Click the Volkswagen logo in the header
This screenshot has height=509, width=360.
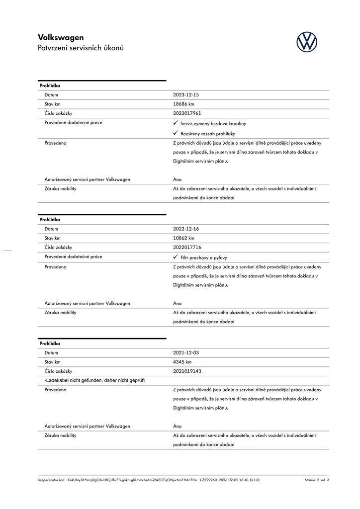point(307,42)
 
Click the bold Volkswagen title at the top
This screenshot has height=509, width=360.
point(61,37)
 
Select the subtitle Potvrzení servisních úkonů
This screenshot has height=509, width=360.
point(81,48)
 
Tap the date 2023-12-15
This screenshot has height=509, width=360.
point(186,95)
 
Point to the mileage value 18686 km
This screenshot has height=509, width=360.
point(183,104)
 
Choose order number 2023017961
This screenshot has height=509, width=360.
point(187,113)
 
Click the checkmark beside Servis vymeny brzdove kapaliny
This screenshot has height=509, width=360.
point(176,123)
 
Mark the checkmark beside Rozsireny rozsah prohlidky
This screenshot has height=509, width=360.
point(176,133)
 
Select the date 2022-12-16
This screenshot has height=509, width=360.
point(186,229)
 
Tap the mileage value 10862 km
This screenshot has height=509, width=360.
point(183,238)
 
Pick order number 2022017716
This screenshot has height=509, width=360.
point(187,247)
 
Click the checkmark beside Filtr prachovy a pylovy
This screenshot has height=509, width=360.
point(176,257)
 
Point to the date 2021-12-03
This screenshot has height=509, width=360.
point(186,353)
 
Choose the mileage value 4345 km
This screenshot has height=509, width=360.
point(182,362)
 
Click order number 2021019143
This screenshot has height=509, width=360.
point(187,371)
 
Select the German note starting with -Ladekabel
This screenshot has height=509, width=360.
point(94,380)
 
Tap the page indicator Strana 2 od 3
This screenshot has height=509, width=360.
point(317,480)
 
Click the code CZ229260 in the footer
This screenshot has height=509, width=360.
point(208,480)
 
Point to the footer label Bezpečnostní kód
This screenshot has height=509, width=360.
point(51,480)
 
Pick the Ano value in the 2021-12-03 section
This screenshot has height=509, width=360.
point(178,426)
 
